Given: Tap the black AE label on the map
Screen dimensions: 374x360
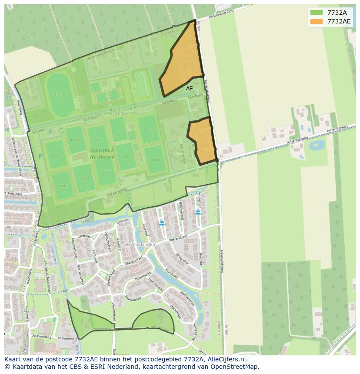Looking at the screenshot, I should (x=189, y=89).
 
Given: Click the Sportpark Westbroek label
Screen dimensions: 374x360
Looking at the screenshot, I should (x=102, y=153).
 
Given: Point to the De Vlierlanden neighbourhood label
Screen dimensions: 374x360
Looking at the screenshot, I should (x=140, y=245).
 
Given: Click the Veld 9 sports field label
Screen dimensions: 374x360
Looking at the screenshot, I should (x=149, y=129).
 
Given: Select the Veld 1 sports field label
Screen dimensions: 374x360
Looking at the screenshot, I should (x=63, y=186).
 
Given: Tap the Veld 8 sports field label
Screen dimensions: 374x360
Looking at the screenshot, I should (x=155, y=160).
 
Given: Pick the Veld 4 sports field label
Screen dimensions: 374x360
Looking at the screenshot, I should (x=76, y=140).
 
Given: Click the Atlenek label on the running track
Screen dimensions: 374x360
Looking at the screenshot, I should (x=60, y=94).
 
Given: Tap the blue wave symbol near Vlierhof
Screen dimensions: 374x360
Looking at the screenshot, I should (x=198, y=212).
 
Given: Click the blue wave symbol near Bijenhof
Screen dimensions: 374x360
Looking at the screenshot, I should (x=162, y=223).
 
